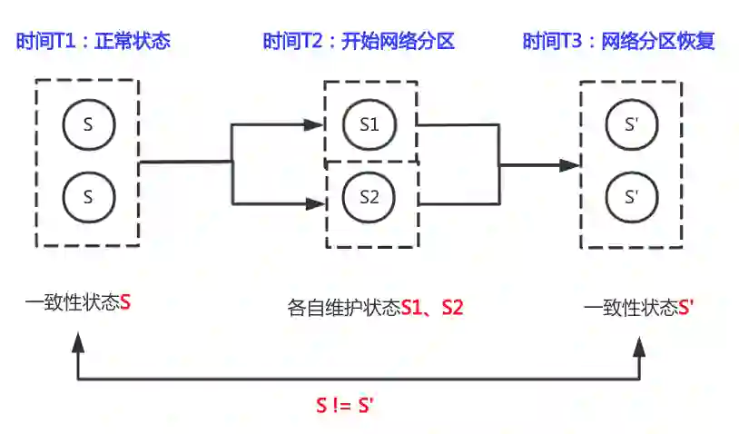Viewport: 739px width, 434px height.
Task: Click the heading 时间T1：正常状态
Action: tap(93, 42)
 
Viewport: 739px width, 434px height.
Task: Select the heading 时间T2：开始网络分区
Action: tap(358, 42)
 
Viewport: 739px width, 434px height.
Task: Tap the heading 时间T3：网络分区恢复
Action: tap(618, 42)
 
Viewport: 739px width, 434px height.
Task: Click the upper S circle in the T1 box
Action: tap(88, 124)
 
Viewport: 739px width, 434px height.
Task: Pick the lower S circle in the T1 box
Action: tap(88, 195)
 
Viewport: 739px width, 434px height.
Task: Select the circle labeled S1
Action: tap(369, 124)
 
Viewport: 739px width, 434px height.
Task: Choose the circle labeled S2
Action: tap(369, 195)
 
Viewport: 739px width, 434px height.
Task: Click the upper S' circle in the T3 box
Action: tap(633, 124)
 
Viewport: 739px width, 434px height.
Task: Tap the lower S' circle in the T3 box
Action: tap(633, 195)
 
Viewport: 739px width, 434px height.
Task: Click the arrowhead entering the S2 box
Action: tap(318, 203)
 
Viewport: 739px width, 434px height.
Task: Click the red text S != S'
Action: tap(345, 406)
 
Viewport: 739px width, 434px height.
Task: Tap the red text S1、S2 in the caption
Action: tap(432, 308)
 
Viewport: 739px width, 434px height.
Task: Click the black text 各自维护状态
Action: tap(343, 308)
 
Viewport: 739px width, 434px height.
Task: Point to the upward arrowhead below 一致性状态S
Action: tap(79, 341)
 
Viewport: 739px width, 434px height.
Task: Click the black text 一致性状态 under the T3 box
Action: tap(630, 308)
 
